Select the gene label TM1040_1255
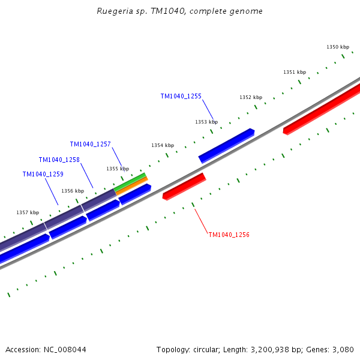[181, 96]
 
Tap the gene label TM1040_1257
[90, 144]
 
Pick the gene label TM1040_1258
[59, 160]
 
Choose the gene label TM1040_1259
[43, 174]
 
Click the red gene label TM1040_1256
[229, 235]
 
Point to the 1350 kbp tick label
[337, 47]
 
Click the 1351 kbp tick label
[294, 72]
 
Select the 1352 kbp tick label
[250, 97]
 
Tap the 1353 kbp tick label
[206, 122]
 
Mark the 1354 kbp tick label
[162, 145]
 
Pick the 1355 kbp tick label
[118, 169]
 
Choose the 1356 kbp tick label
[72, 191]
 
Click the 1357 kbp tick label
[27, 212]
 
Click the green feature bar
[130, 182]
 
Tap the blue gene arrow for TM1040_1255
[226, 145]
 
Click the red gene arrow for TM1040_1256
[184, 186]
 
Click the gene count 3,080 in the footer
[343, 349]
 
